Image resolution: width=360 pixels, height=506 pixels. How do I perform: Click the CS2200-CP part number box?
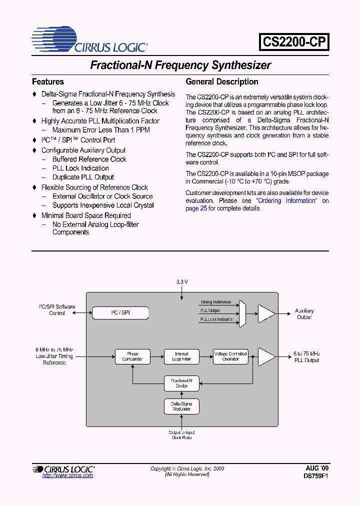(294, 42)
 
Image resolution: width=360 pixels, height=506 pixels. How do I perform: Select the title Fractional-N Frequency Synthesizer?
(180, 65)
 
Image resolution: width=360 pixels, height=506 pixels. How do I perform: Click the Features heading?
(48, 81)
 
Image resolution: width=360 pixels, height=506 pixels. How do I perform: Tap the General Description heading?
(222, 81)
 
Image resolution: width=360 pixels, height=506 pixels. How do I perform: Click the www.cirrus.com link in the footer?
(67, 475)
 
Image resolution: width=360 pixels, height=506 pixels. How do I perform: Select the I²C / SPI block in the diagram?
(120, 313)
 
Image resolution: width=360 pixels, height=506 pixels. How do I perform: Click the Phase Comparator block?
(132, 356)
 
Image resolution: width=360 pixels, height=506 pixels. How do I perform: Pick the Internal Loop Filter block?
(181, 356)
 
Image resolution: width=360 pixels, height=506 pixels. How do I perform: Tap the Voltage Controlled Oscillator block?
(230, 356)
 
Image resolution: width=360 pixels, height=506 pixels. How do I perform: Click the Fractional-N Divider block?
(181, 383)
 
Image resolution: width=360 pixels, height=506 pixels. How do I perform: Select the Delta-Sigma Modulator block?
(181, 406)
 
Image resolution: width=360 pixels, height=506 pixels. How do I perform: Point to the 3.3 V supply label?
(182, 282)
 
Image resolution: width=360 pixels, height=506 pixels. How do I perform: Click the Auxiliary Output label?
(304, 314)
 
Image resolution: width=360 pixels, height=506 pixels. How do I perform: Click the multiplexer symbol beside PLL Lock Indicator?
(243, 314)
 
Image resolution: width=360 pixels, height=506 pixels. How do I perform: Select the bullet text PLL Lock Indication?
(80, 168)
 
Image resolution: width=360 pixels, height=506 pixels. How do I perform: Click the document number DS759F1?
(316, 476)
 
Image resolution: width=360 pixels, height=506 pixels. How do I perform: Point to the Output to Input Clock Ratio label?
(181, 435)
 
